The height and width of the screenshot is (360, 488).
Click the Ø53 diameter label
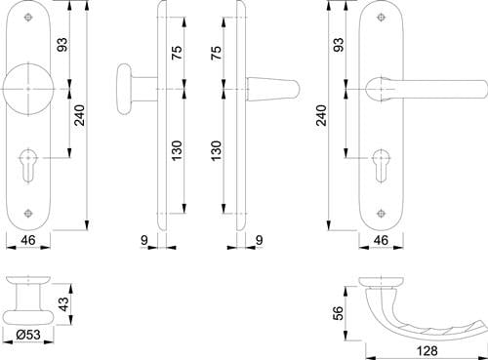(x=28, y=335)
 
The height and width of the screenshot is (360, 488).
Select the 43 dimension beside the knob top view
(x=64, y=303)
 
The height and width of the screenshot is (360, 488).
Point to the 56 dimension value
(x=339, y=313)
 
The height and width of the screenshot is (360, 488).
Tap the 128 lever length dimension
(x=427, y=350)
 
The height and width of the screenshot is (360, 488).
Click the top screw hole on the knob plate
(x=28, y=17)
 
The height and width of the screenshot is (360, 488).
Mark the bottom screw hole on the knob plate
(x=28, y=213)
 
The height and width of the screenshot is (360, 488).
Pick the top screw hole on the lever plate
(x=381, y=17)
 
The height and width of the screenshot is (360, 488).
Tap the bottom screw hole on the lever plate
(x=381, y=214)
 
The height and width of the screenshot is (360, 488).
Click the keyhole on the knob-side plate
(x=28, y=165)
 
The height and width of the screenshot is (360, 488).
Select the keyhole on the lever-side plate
(x=381, y=166)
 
